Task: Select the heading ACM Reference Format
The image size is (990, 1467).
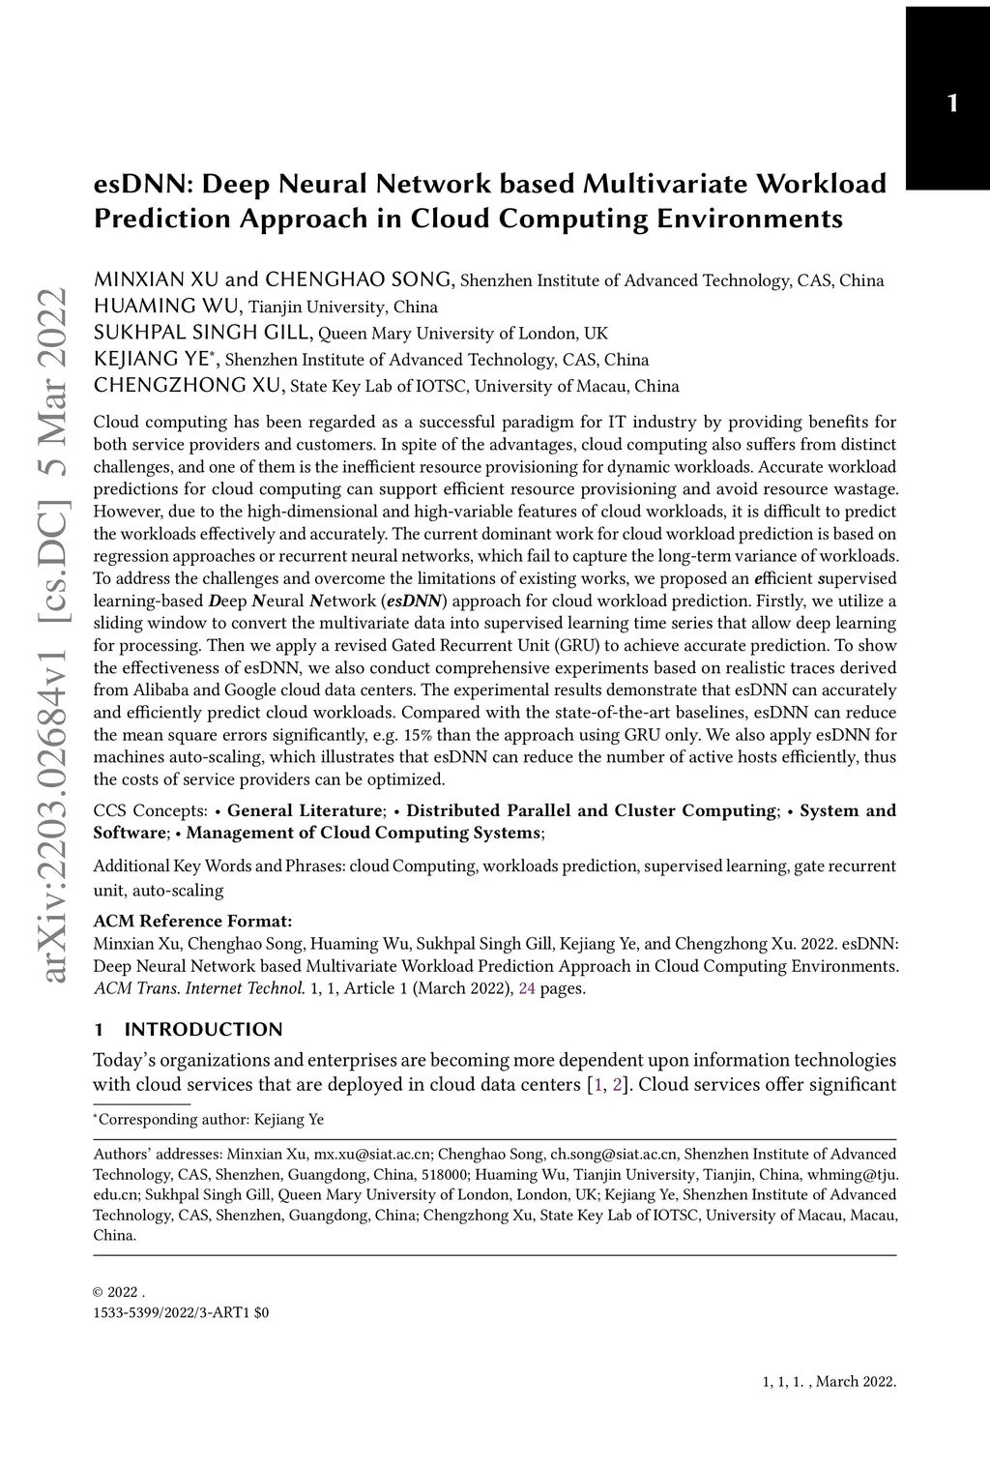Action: (x=192, y=920)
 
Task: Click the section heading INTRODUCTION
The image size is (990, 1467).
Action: (x=203, y=1029)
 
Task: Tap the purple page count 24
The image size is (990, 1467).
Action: (x=527, y=988)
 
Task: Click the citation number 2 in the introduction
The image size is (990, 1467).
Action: (x=618, y=1084)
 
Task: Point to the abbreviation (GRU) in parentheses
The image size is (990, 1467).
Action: (x=608, y=646)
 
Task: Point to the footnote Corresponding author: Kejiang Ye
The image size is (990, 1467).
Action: (x=212, y=1120)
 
